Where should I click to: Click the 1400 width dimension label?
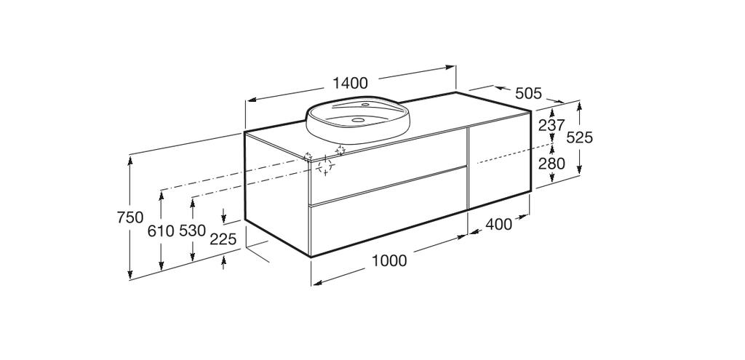(350, 83)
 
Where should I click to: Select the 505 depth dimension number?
(528, 94)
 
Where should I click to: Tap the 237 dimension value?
(551, 125)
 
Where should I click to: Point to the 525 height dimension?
(580, 137)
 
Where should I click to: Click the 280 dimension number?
(551, 164)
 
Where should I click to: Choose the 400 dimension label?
(499, 224)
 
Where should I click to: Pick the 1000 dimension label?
(389, 261)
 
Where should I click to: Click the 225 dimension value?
(223, 239)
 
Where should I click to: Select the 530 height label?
(192, 231)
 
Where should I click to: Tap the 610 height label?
(161, 231)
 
